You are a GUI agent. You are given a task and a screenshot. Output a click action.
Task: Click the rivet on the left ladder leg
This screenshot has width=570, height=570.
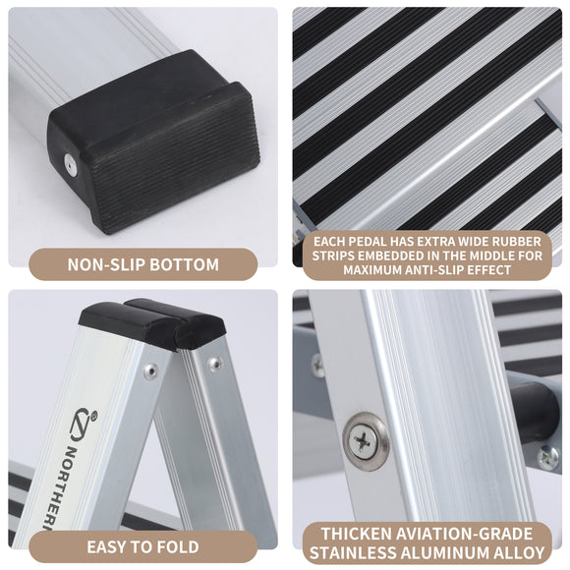[x=149, y=371]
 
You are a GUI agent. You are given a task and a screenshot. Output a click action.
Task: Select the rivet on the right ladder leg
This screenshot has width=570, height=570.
[x=214, y=365]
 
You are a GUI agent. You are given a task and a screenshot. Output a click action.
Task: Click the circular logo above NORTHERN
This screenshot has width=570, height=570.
[x=81, y=424]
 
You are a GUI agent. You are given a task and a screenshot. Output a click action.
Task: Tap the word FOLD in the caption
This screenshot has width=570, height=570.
[x=178, y=546]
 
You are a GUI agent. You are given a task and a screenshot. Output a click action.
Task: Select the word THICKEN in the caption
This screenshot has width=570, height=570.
[x=365, y=534]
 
